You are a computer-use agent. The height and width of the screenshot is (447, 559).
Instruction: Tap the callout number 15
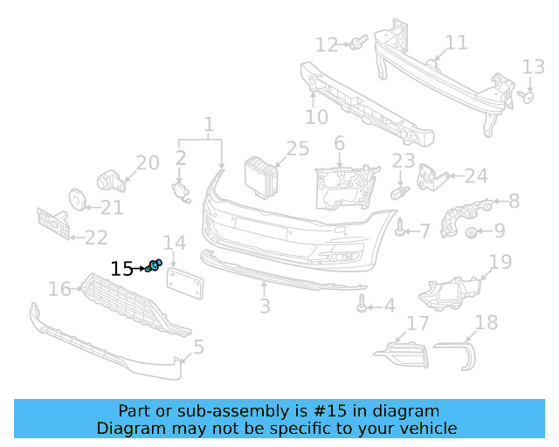point(122,269)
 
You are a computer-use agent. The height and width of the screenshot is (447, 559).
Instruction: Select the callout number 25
point(298,148)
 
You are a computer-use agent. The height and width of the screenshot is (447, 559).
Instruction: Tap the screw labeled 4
point(362,304)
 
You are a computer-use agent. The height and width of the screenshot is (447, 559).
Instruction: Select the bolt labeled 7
point(400,230)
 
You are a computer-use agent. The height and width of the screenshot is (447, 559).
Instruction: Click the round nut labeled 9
point(472,232)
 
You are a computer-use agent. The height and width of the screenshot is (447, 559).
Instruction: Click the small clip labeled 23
point(401,189)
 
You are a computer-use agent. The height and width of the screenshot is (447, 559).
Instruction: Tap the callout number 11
point(456,43)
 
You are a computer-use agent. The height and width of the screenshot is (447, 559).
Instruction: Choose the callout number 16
point(59,288)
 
